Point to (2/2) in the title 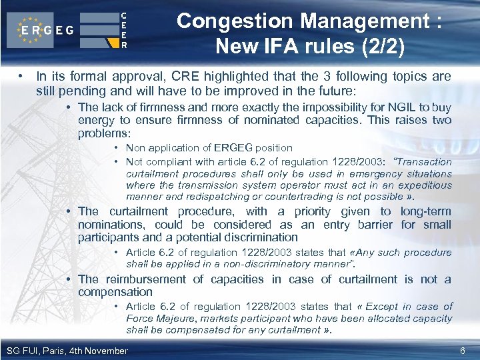point(380,46)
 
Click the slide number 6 point(463,351)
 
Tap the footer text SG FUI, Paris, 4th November point(67,351)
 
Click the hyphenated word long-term point(425,211)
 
